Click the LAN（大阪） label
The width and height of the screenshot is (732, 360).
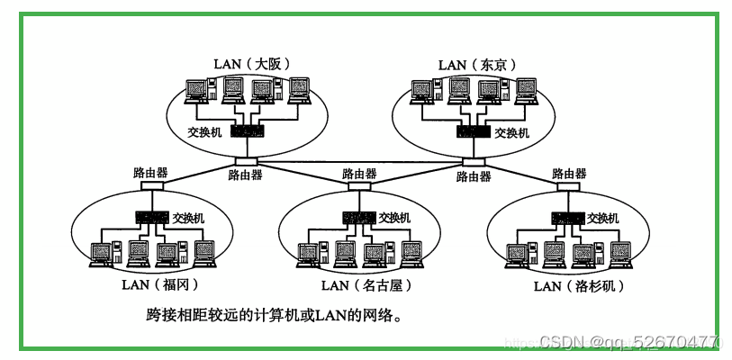pos(250,64)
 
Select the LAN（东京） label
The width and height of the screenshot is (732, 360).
pos(474,64)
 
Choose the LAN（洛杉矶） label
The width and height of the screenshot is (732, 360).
pos(578,286)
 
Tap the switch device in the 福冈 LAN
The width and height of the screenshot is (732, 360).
pos(151,218)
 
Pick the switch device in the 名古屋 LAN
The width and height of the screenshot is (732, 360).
pos(359,218)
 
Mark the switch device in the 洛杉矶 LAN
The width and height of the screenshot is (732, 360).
pos(567,218)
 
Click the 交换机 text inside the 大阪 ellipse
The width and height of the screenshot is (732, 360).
pos(203,132)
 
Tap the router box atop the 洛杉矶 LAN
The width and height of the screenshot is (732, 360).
pos(567,187)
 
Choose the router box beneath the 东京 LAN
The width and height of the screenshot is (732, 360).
pos(473,163)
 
